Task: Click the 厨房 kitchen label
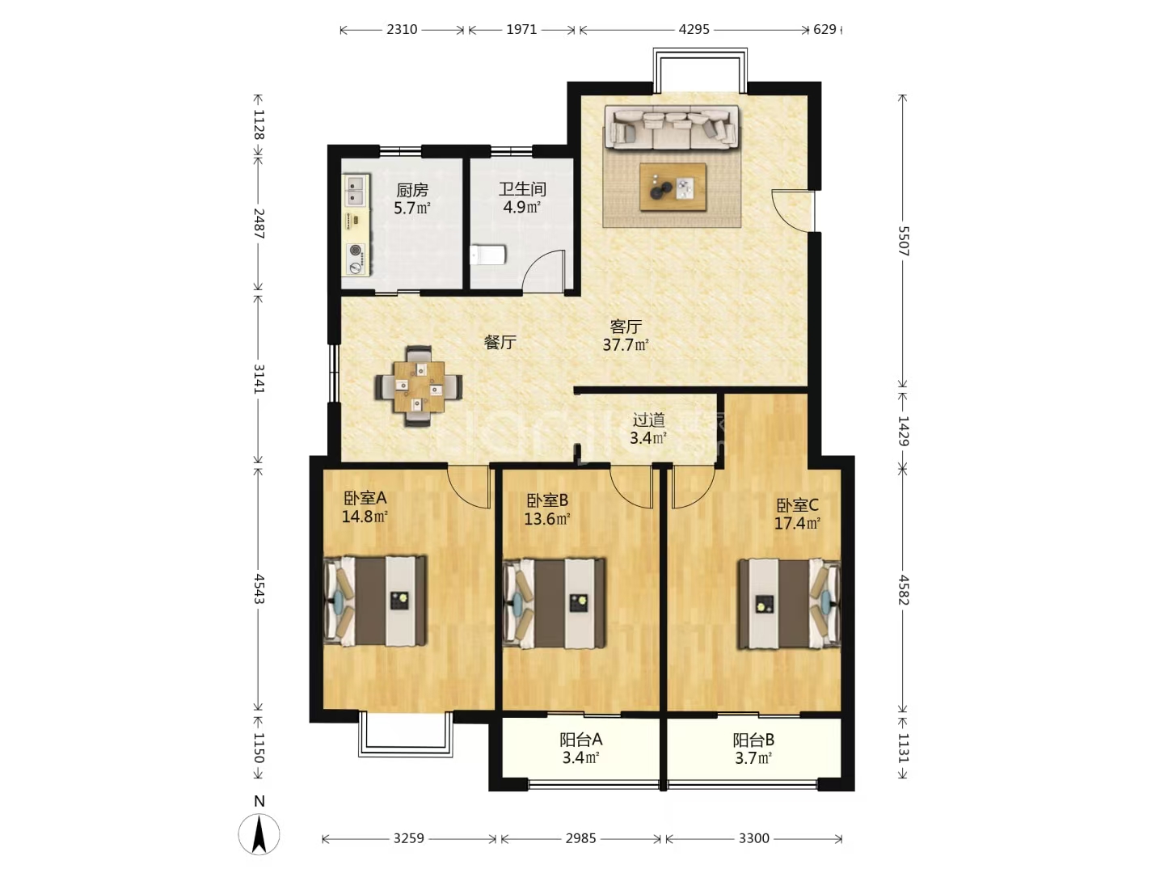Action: [412, 189]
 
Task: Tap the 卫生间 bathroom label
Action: [522, 188]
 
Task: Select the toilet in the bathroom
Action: [487, 255]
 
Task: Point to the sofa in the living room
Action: [672, 127]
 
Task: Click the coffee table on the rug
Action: [673, 187]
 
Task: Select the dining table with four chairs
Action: [419, 386]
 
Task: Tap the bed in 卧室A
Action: [375, 601]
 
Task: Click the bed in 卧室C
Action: [789, 605]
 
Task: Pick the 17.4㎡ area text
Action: [797, 524]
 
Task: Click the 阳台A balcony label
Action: [580, 739]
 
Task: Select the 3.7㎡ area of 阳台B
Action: [753, 758]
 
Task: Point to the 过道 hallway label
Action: [648, 420]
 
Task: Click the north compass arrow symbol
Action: [259, 834]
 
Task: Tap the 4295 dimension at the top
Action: [694, 29]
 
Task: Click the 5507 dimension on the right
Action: [903, 241]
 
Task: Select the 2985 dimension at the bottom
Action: [580, 838]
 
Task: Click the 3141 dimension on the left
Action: [258, 378]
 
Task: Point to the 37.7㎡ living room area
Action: [626, 345]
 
